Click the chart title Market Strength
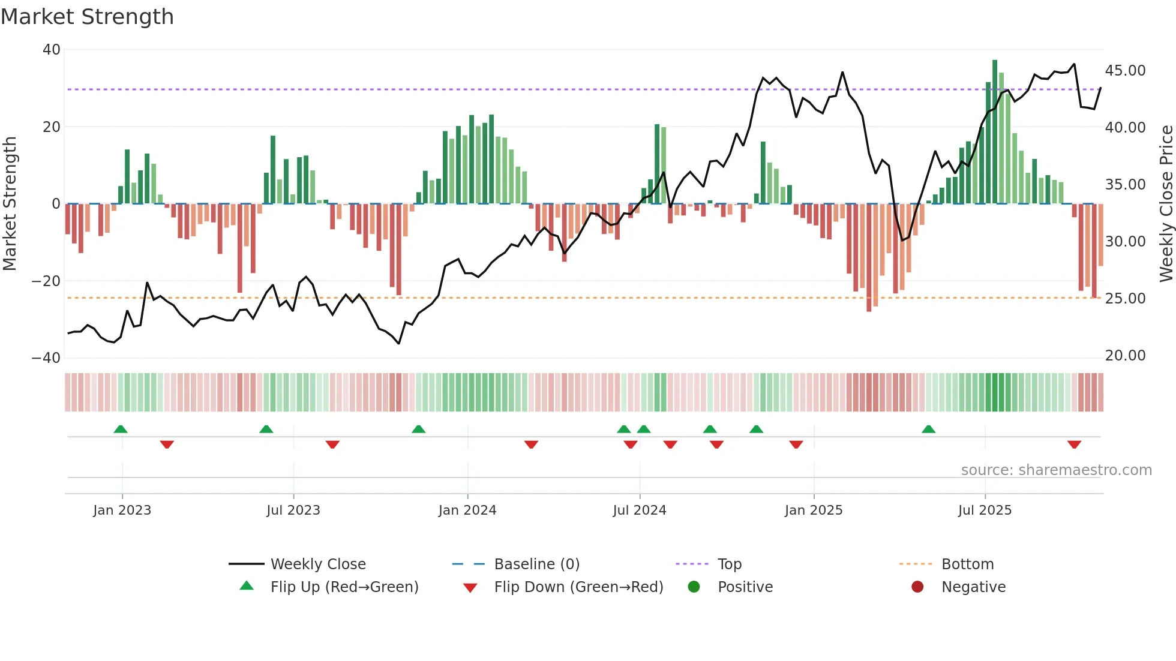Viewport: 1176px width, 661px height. (x=87, y=17)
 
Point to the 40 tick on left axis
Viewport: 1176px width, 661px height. (x=52, y=50)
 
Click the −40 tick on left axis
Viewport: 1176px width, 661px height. (x=47, y=358)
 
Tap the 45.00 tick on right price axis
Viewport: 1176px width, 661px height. (x=1125, y=71)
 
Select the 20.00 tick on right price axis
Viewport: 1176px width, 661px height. (x=1125, y=356)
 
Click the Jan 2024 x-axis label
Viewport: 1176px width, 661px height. (x=467, y=510)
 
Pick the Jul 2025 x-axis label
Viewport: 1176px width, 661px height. (x=985, y=510)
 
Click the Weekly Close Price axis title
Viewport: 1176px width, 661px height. (x=1166, y=204)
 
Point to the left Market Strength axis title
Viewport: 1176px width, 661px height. (x=10, y=204)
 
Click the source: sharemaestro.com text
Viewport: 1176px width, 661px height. (x=1056, y=470)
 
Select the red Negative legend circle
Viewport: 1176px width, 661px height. (x=917, y=587)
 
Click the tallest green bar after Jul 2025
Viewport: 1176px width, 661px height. (x=995, y=132)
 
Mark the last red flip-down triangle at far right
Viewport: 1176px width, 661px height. (x=1074, y=444)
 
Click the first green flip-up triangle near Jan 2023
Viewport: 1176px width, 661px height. (x=121, y=429)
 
